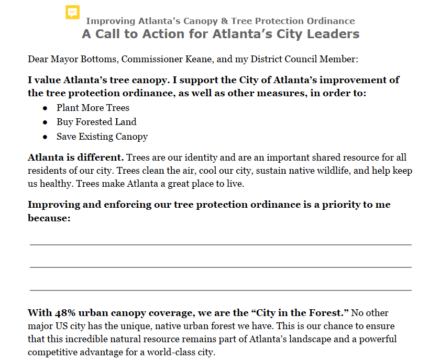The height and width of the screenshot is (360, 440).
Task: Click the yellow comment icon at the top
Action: point(73,13)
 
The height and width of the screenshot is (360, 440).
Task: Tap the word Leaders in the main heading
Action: point(336,35)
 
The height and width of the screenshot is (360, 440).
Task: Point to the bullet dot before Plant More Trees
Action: point(46,108)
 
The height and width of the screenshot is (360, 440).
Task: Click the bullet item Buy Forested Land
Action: point(96,122)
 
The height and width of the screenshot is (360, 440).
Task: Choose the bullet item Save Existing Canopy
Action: point(102,137)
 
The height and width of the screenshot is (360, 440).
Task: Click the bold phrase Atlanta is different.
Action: point(75,157)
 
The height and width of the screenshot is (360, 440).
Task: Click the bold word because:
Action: point(49,218)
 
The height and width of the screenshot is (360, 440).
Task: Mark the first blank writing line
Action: point(220,244)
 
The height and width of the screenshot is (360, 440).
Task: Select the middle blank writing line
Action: point(220,267)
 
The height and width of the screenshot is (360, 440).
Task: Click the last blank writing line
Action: point(220,290)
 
